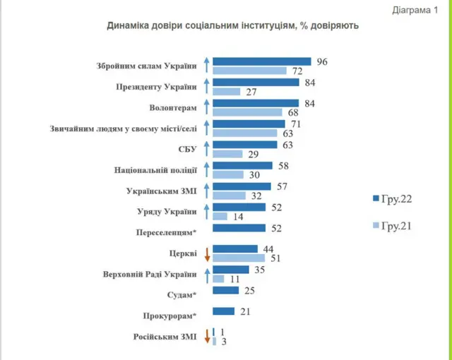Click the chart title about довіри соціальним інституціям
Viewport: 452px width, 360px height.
pos(233,26)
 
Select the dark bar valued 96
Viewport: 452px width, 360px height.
pos(262,61)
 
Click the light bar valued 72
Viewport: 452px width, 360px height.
pos(249,71)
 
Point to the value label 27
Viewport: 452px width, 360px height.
pos(252,92)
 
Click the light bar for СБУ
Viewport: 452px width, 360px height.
pos(227,154)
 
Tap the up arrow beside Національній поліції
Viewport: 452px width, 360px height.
pos(207,170)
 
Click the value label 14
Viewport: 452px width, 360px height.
pos(238,217)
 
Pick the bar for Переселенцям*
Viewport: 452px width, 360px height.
pos(239,228)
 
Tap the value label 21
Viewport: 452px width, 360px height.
pos(246,311)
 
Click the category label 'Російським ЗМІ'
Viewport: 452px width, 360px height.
pos(167,336)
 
